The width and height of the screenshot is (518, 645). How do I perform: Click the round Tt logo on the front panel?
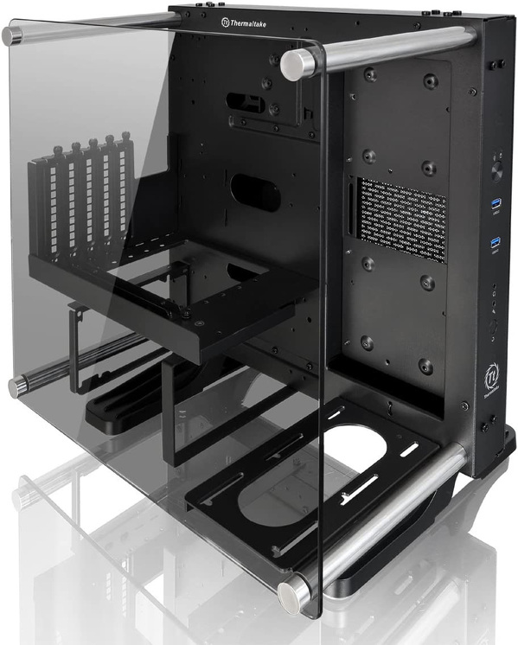click(x=489, y=380)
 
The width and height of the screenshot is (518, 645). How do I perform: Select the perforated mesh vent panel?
click(x=401, y=220)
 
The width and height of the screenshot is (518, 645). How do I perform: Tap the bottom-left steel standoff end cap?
click(x=16, y=387)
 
